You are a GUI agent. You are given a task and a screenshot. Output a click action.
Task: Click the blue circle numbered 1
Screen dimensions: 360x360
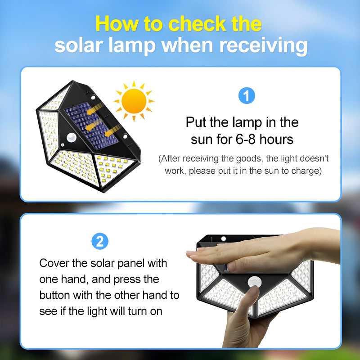246,96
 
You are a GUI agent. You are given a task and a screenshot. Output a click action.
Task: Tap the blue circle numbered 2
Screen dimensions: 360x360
100,241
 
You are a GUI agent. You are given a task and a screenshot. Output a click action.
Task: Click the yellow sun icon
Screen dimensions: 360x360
134,100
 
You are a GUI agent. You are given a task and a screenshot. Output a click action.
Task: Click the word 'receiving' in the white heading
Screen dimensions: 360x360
263,46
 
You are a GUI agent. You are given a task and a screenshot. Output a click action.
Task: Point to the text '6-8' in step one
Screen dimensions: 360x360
244,139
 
